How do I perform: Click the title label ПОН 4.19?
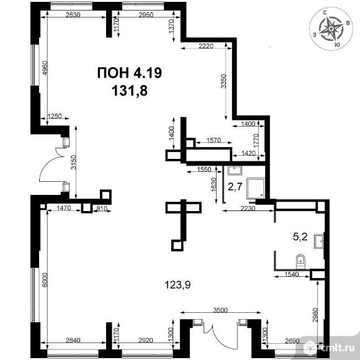pyautogui.click(x=130, y=73)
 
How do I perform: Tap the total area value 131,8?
pyautogui.click(x=130, y=91)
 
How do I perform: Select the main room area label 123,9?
pyautogui.click(x=178, y=285)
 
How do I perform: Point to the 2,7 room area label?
pyautogui.click(x=235, y=187)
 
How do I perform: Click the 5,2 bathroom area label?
pyautogui.click(x=300, y=236)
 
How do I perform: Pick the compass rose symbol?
pyautogui.click(x=331, y=29)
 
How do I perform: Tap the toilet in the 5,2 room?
pyautogui.click(x=300, y=261)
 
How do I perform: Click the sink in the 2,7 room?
pyautogui.click(x=235, y=170)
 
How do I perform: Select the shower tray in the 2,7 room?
pyautogui.click(x=256, y=188)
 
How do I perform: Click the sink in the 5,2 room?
pyautogui.click(x=319, y=241)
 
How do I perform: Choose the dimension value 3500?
pyautogui.click(x=220, y=310)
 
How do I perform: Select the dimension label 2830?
pyautogui.click(x=73, y=15)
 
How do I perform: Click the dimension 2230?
pyautogui.click(x=248, y=209)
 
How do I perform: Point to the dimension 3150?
pyautogui.click(x=73, y=163)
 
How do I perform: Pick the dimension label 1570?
pyautogui.click(x=214, y=140)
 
